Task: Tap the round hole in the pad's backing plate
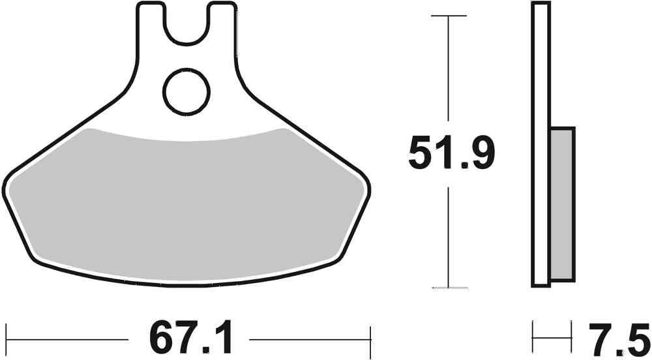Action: [186, 91]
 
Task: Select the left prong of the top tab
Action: [151, 24]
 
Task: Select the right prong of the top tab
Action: [223, 24]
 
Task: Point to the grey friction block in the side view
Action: [563, 204]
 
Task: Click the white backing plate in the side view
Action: [541, 144]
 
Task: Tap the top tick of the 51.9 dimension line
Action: [449, 16]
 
